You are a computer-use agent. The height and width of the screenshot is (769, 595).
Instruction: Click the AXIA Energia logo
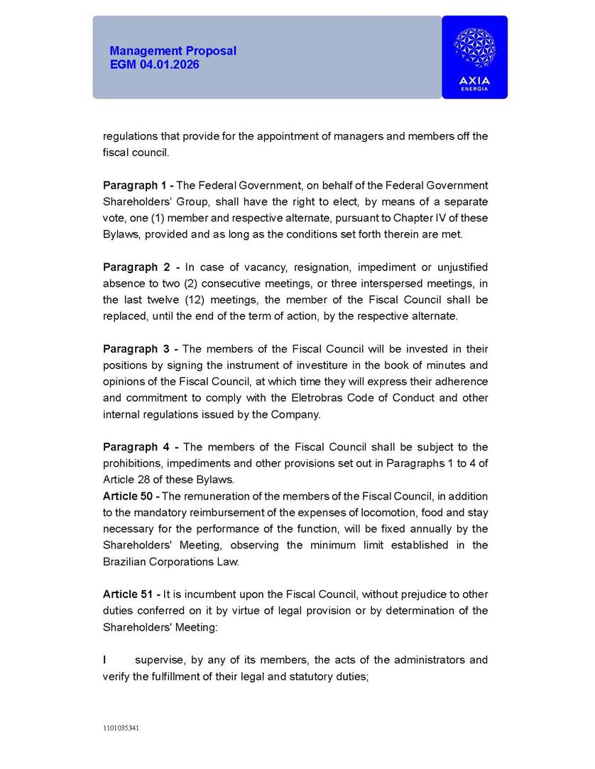tap(474, 57)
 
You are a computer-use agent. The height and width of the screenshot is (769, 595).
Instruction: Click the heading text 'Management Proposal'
tap(173, 51)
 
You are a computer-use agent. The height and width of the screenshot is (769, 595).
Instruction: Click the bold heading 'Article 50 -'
tap(131, 496)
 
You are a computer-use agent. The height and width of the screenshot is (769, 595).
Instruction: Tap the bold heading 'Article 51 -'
tap(131, 594)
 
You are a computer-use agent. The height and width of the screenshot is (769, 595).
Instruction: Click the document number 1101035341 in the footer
tap(121, 728)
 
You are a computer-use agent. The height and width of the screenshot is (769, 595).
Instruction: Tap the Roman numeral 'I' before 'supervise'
tap(105, 660)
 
